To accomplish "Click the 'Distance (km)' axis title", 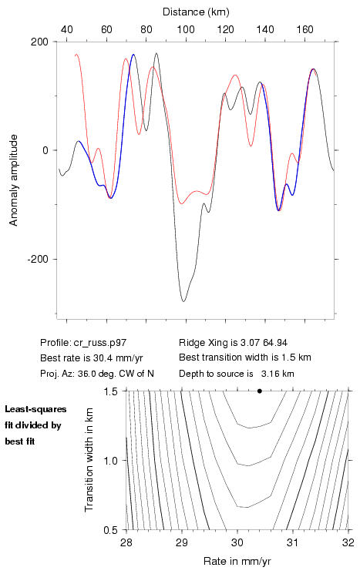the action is click(196, 12).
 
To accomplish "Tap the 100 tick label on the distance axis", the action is click(186, 29).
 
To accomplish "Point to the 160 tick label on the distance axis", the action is click(304, 29).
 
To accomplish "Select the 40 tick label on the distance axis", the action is click(66, 29).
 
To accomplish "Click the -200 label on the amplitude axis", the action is click(38, 259).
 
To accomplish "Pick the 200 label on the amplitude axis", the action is click(39, 42).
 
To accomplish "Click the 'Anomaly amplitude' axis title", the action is click(14, 180).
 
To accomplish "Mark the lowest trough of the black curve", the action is click(183, 301).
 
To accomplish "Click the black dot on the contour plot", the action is click(260, 391).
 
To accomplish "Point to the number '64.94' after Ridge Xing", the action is click(274, 343).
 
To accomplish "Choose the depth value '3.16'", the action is click(270, 374).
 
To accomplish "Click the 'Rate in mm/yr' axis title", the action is click(237, 561).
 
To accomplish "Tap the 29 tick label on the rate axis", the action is click(182, 542).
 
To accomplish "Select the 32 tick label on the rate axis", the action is click(348, 542).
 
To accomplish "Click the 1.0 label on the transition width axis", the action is click(110, 461).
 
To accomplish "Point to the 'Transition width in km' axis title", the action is click(89, 460).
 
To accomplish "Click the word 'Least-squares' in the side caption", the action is click(35, 409).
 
